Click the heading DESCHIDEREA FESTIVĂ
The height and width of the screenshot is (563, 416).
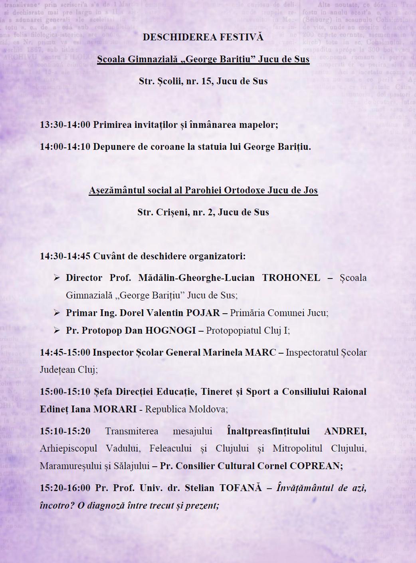203,37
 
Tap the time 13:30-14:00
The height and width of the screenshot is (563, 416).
65,125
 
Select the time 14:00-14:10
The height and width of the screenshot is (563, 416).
65,147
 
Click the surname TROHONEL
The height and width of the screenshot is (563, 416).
291,278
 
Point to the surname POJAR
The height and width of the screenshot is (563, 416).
203,313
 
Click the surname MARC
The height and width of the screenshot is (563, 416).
260,352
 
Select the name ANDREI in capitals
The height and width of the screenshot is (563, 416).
345,432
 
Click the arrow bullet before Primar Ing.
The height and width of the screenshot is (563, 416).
57,313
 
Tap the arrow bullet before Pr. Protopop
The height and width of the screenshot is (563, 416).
57,330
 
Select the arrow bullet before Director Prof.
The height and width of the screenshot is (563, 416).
57,278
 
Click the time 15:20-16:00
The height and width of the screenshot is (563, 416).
65,488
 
